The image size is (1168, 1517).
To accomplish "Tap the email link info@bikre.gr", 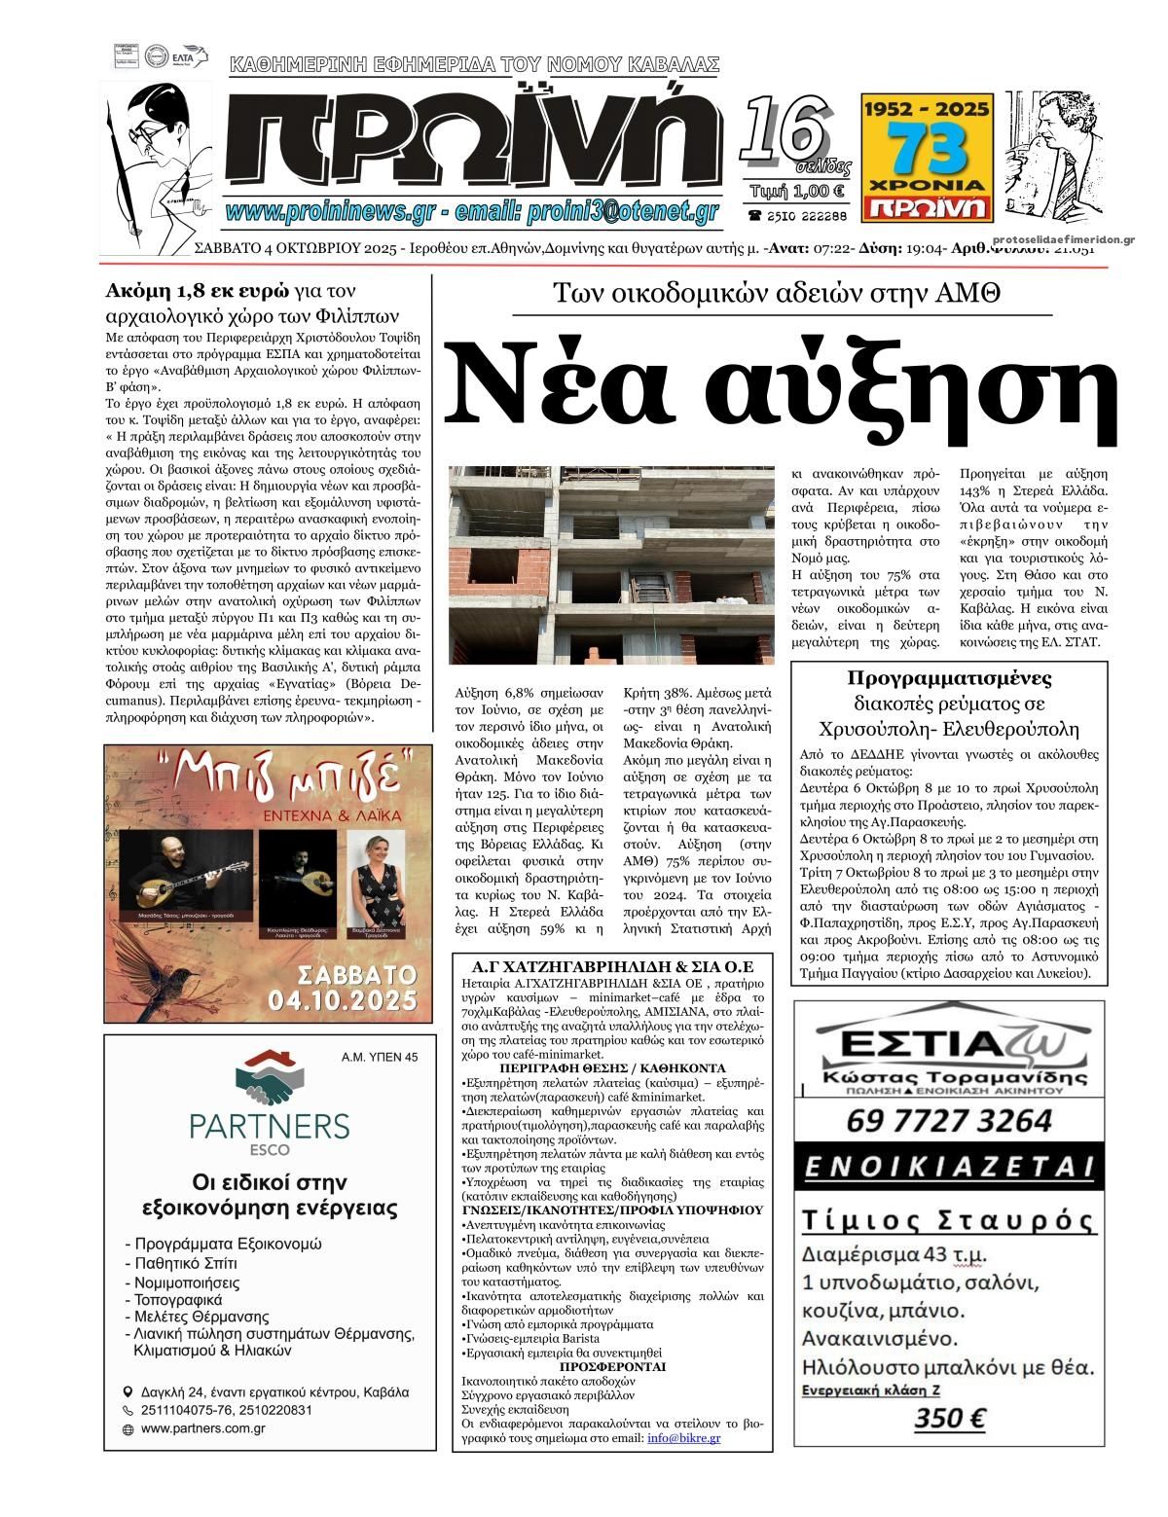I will pyautogui.click(x=683, y=1437).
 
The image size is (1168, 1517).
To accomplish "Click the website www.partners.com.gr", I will pyautogui.click(x=203, y=1428).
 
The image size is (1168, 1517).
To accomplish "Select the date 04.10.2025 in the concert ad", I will pyautogui.click(x=358, y=1000).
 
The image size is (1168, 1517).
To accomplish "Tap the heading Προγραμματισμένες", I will pyautogui.click(x=949, y=678).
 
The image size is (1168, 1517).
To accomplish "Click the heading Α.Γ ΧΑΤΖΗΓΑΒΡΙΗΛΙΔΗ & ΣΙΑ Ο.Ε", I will pyautogui.click(x=607, y=968).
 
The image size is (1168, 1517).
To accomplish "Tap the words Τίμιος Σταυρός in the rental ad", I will pyautogui.click(x=948, y=1220).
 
